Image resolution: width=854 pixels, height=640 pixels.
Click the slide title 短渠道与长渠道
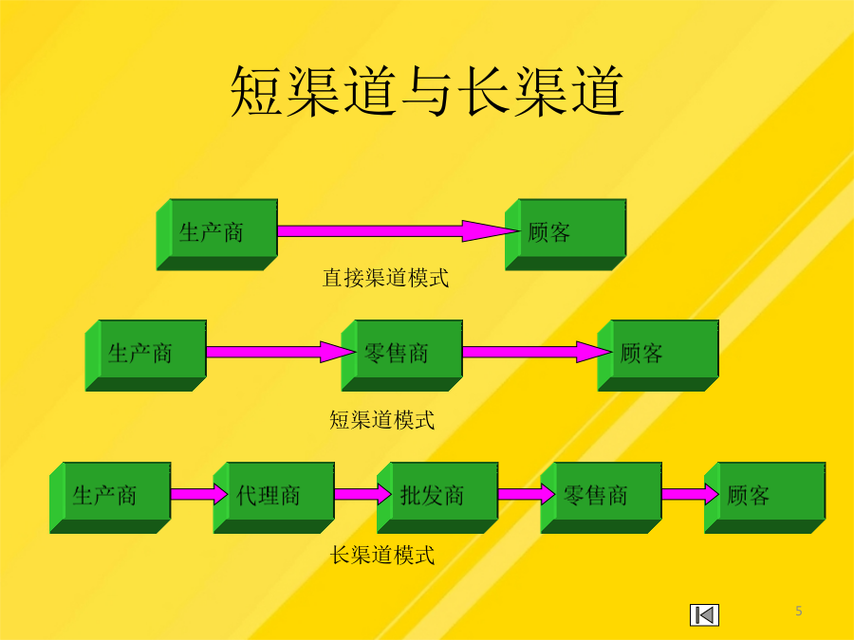tap(427, 91)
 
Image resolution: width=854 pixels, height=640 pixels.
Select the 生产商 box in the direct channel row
tap(216, 234)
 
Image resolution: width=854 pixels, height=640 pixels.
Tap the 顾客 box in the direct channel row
tap(566, 234)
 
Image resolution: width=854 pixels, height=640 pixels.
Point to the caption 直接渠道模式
tap(385, 278)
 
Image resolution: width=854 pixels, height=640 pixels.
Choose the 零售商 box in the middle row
tap(402, 356)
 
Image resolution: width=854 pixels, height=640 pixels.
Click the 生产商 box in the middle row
tap(146, 356)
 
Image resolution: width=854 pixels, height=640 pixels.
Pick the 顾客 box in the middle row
tap(658, 356)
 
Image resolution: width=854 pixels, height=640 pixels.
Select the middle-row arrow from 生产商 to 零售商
tap(282, 352)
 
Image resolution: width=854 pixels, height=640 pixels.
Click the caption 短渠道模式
tap(382, 420)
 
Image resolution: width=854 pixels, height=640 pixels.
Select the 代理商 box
tap(274, 498)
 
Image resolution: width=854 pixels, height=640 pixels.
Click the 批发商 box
tap(437, 498)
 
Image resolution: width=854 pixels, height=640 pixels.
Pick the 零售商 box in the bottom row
tap(602, 498)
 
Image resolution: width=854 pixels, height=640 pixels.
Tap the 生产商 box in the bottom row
tap(110, 498)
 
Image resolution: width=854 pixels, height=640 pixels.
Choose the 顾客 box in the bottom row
tap(765, 498)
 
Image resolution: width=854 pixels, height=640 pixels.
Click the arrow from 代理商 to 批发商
tap(363, 494)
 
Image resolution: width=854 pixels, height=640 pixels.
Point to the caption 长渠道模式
tap(382, 556)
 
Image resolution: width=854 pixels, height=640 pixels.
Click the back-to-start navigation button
tap(704, 615)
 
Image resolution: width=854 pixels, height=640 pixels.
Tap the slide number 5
tap(798, 611)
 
